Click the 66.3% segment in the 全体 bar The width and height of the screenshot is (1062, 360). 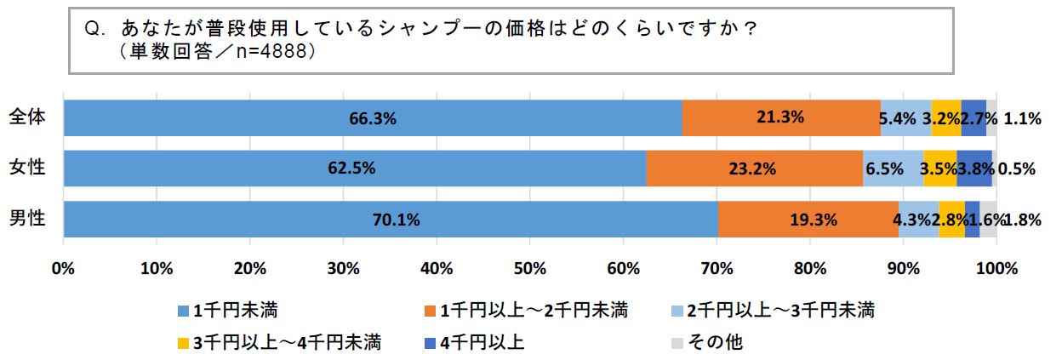click(x=373, y=118)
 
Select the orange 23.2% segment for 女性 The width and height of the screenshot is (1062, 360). click(x=754, y=169)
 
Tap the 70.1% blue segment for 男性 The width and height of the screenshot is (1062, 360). click(x=391, y=220)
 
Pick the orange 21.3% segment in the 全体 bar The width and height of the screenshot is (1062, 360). click(x=780, y=118)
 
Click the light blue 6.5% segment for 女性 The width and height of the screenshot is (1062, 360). click(x=893, y=169)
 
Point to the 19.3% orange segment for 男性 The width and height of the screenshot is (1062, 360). click(x=808, y=220)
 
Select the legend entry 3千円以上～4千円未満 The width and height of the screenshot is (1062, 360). click(x=286, y=342)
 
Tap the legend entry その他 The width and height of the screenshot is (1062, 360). click(x=715, y=342)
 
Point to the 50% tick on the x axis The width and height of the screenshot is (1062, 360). click(x=529, y=270)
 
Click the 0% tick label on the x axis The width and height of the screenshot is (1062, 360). click(x=63, y=270)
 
